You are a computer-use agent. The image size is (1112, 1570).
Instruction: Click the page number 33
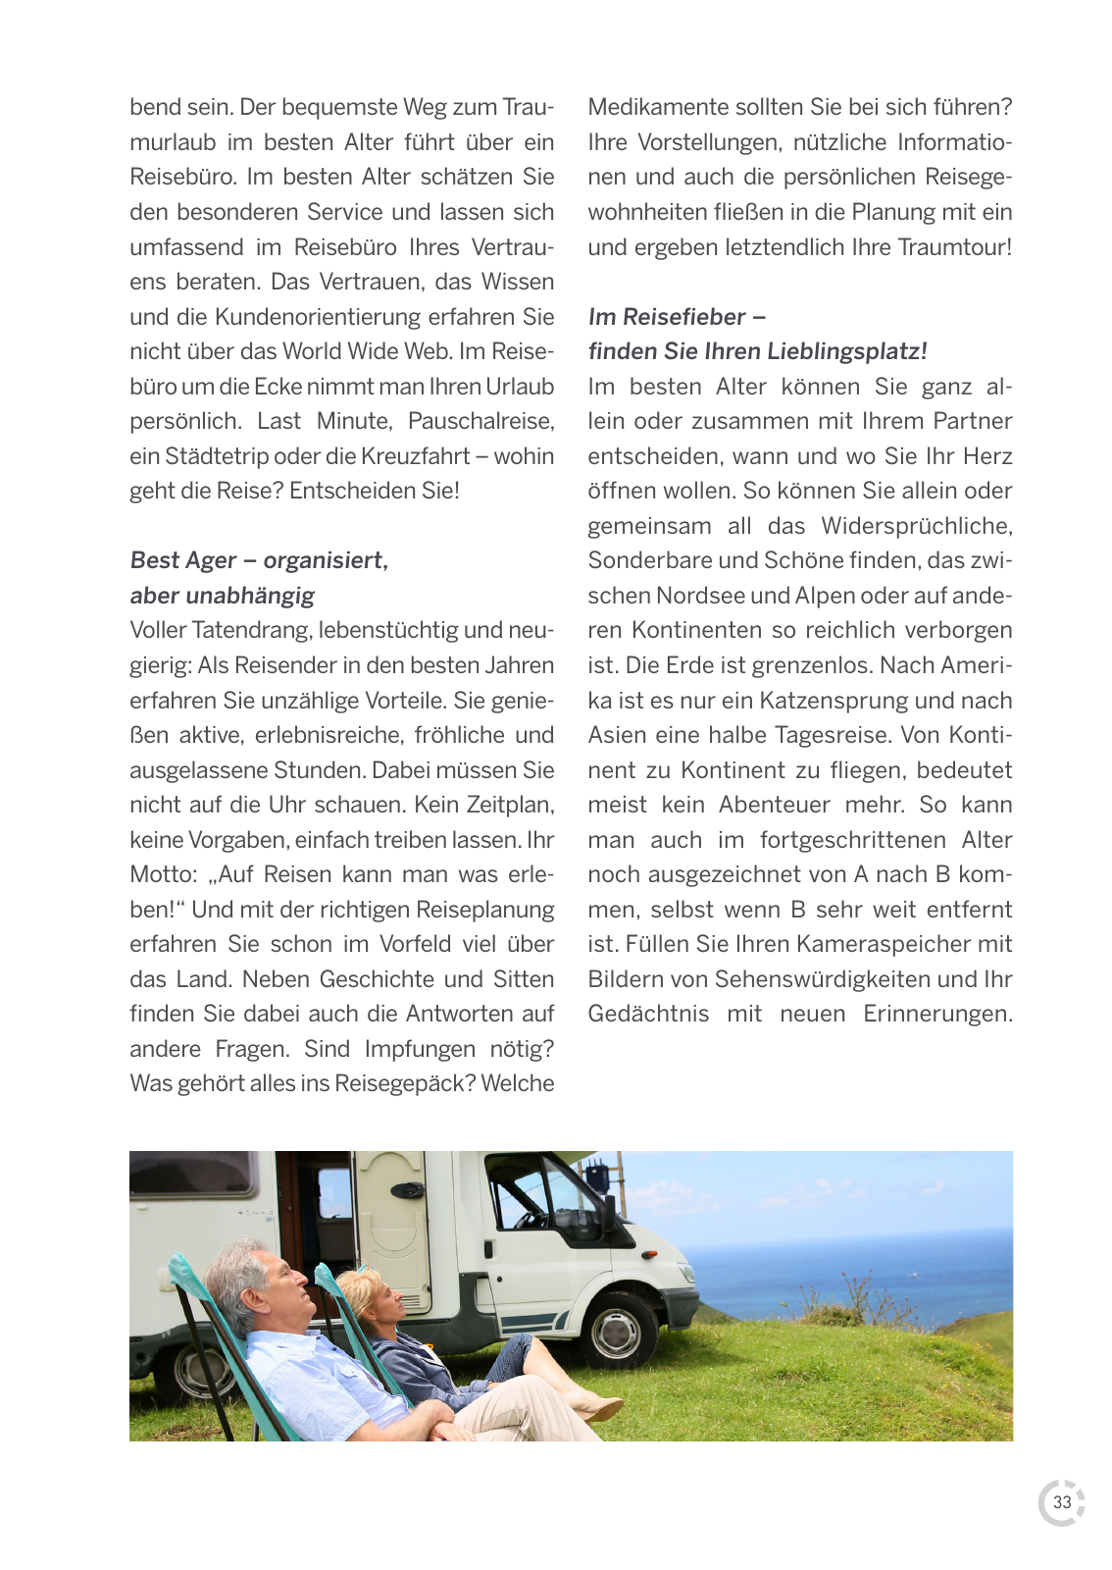click(1062, 1502)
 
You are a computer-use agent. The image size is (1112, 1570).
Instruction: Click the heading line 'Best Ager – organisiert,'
click(259, 560)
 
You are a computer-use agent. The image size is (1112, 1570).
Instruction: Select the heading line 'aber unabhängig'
click(223, 596)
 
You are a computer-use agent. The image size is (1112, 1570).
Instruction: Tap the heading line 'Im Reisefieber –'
click(677, 317)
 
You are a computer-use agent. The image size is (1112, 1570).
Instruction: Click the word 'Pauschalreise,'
click(480, 421)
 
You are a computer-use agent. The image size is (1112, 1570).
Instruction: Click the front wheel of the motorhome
click(619, 1331)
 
